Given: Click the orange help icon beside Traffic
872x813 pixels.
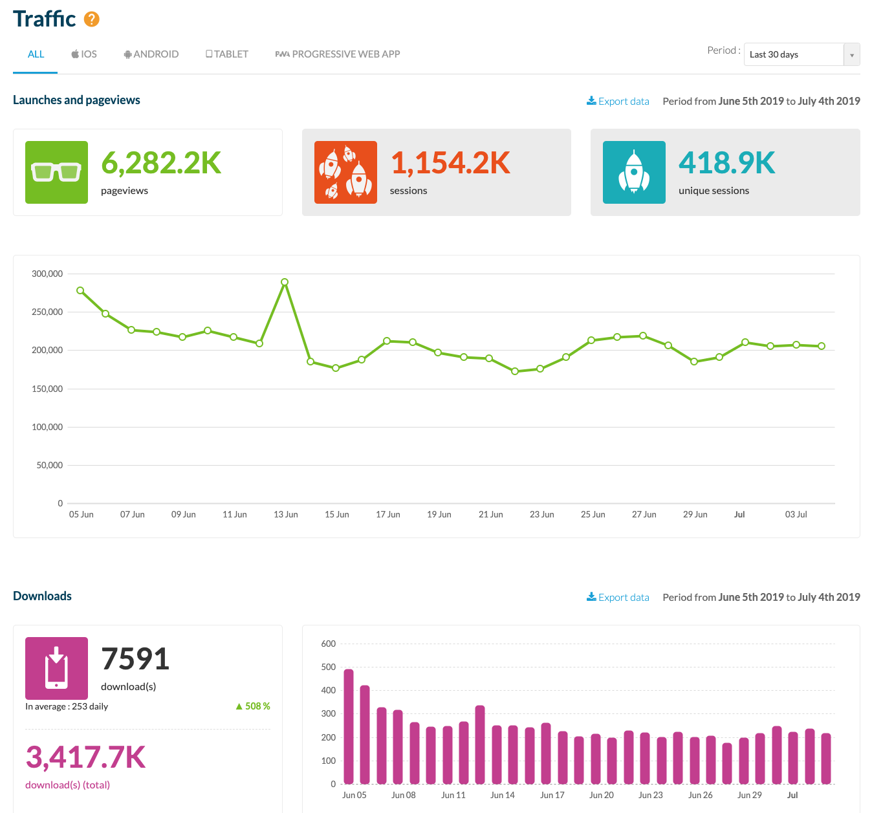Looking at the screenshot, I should point(92,19).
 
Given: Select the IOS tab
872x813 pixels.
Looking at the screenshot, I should point(84,54).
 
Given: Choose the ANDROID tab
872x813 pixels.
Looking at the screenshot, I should point(151,54).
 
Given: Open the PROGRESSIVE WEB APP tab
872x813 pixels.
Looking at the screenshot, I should point(338,54).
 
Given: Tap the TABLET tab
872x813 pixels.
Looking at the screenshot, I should point(227,54).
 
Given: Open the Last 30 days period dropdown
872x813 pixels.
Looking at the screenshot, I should point(801,55).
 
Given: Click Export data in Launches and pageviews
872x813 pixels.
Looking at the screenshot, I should point(618,101).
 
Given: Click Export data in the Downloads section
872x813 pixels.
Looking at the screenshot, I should point(618,597).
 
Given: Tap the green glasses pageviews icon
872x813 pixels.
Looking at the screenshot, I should point(56,172).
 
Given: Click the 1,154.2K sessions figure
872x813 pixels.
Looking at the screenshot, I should point(450,163).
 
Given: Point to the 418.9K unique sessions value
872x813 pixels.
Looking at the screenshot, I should point(726,163).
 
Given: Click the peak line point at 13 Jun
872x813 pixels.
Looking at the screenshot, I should point(285,282).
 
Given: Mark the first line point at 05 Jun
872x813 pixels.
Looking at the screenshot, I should point(80,290).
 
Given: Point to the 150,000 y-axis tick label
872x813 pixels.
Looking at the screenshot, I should point(47,389).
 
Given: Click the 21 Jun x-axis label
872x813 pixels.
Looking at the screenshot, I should point(490,514).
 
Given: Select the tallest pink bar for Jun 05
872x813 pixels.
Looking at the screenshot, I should point(349,726).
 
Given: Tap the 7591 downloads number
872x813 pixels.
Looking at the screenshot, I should point(135,659).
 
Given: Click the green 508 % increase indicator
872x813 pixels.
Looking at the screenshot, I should point(253,706).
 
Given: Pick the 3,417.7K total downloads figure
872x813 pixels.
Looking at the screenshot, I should point(85,757).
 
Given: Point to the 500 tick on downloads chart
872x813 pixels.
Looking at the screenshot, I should point(329,667).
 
